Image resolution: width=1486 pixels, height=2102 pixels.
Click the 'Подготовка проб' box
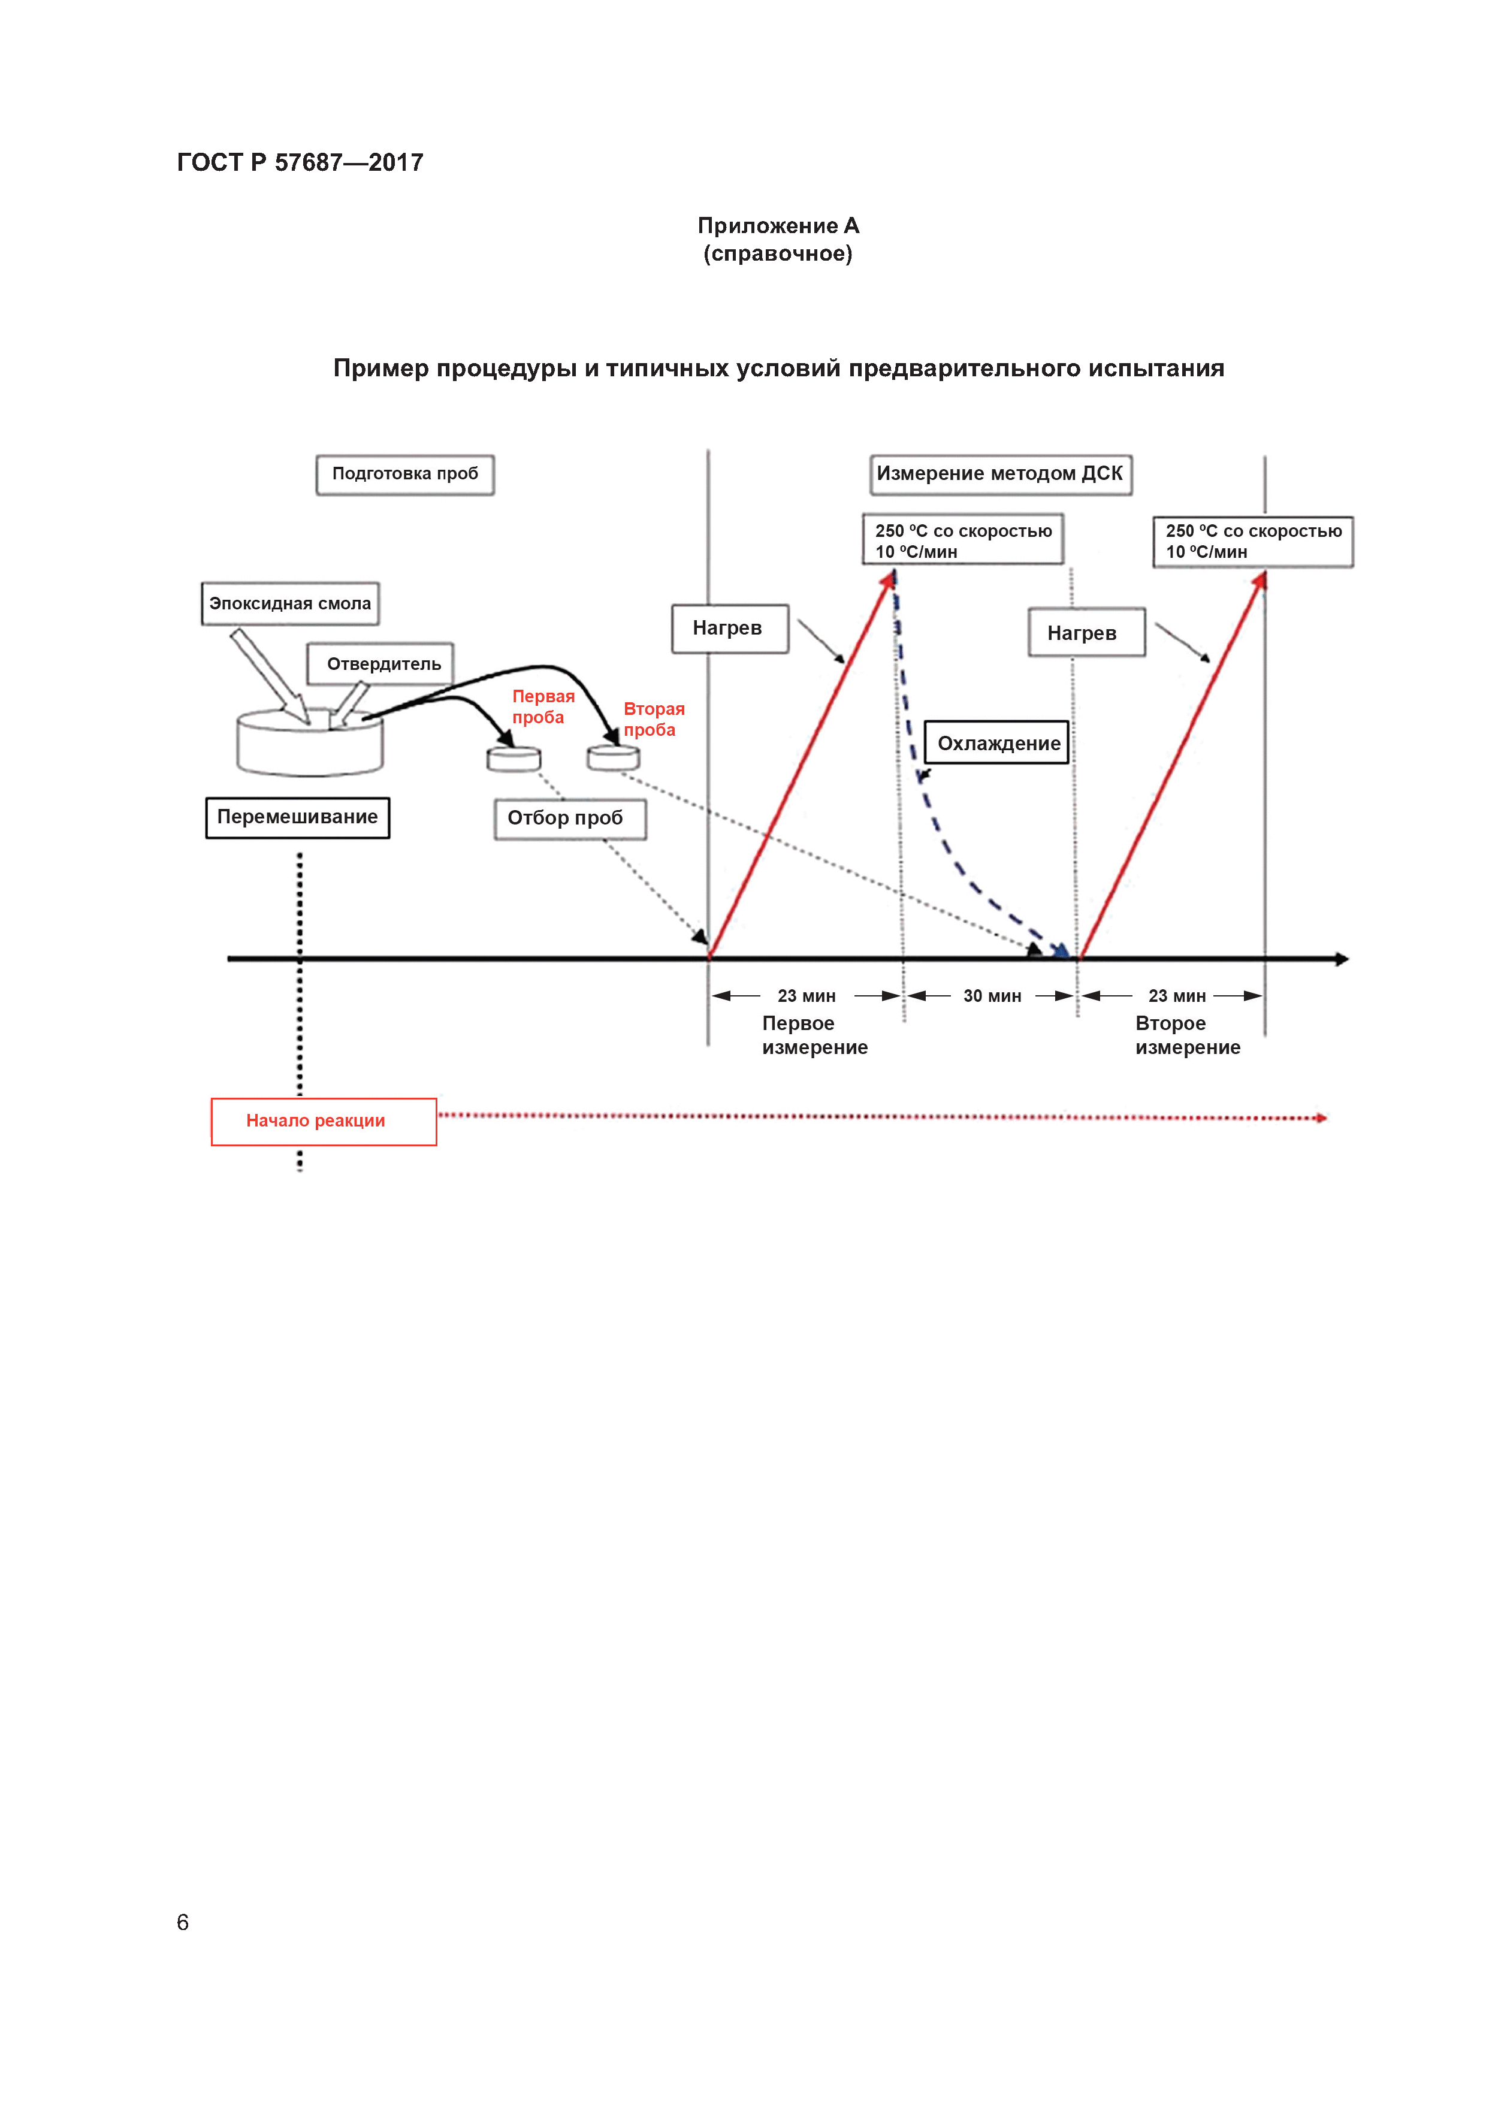click(404, 474)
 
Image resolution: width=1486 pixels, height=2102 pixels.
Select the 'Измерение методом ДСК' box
click(1000, 474)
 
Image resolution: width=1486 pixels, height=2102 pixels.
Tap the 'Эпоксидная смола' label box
click(289, 603)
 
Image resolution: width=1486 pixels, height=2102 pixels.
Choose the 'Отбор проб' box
click(569, 819)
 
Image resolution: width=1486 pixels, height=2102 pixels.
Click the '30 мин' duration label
click(992, 996)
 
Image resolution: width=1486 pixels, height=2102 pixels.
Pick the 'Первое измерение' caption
click(813, 1035)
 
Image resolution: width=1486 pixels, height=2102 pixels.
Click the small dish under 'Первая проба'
click(514, 759)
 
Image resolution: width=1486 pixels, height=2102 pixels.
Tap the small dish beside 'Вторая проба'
click(612, 757)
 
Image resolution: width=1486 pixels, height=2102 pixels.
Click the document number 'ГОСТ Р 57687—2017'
click(300, 163)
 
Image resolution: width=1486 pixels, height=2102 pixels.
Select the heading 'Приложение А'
click(777, 226)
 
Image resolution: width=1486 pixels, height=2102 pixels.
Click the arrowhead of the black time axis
click(1342, 959)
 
